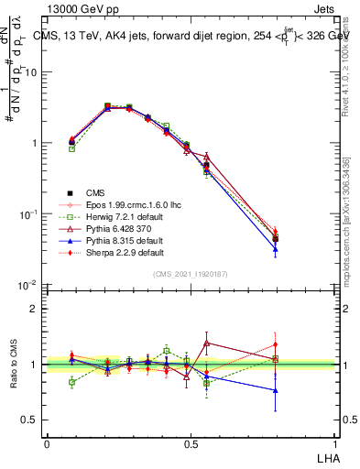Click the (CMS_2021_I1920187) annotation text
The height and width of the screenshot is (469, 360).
[x=191, y=275]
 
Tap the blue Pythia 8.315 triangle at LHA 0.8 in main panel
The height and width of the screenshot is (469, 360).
[x=275, y=248]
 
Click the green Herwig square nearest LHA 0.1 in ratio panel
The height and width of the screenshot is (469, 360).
[x=71, y=383]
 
